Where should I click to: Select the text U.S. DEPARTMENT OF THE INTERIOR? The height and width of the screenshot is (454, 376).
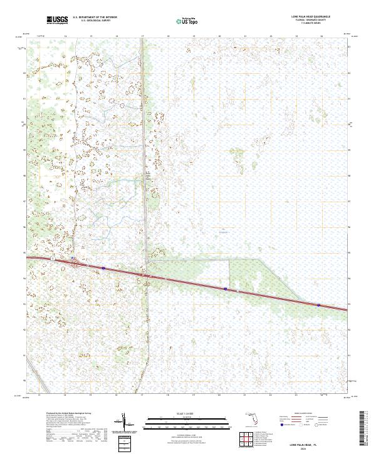[95, 18]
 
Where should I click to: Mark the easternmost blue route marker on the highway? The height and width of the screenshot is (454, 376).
[318, 305]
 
